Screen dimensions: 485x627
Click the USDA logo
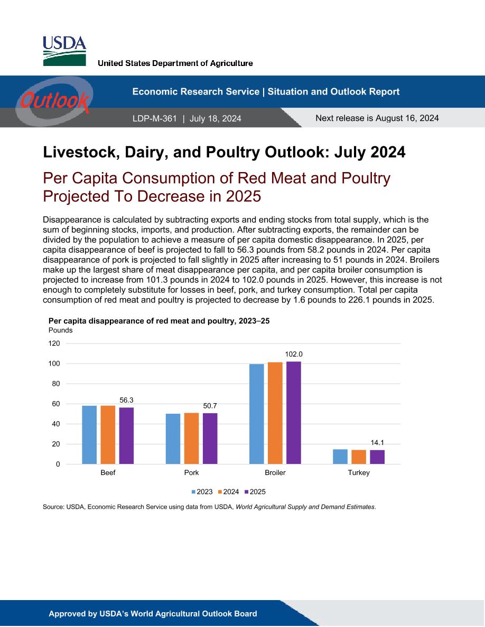(x=64, y=51)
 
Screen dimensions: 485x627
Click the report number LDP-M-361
(x=154, y=118)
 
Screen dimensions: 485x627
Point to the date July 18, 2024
(x=215, y=118)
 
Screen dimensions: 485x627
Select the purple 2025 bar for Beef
(x=126, y=435)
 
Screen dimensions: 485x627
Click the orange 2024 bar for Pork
(x=191, y=438)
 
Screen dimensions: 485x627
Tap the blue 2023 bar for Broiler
(x=257, y=414)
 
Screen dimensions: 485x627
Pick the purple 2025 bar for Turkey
(x=377, y=457)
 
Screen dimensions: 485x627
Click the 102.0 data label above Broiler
(x=294, y=354)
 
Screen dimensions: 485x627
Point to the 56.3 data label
(x=126, y=400)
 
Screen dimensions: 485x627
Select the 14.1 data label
(x=377, y=443)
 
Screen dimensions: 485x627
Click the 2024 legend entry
(x=228, y=492)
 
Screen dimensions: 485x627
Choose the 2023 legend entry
(x=202, y=492)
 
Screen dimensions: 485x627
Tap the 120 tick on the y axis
(x=54, y=344)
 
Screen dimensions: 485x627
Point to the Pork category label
(x=191, y=473)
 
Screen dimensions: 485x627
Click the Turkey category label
(x=359, y=473)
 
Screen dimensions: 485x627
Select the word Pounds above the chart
(x=60, y=330)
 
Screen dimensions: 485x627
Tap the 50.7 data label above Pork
(x=210, y=406)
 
